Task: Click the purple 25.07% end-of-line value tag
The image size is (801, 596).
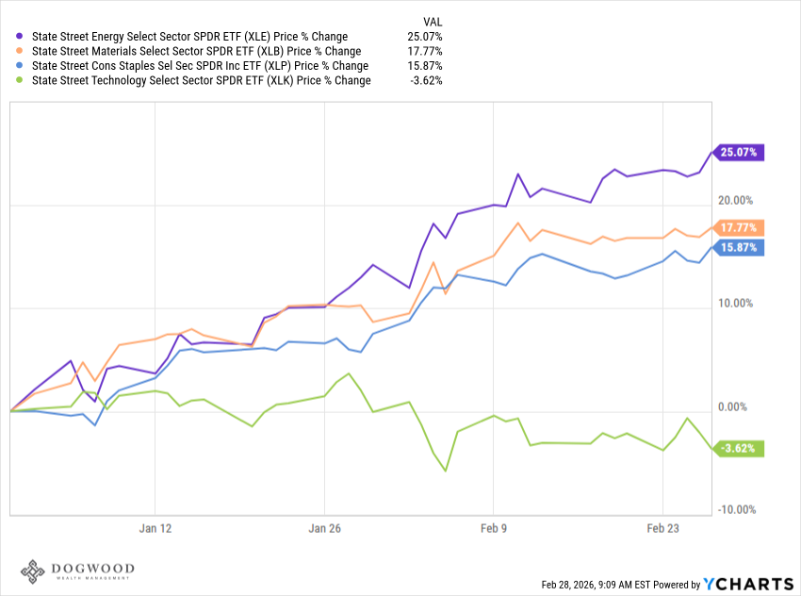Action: click(x=738, y=152)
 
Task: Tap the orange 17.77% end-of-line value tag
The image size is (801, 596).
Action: click(x=738, y=227)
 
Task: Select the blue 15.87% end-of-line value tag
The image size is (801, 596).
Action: click(x=738, y=248)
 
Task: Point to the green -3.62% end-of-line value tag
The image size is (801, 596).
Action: click(x=738, y=448)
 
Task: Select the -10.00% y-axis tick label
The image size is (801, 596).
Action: click(x=736, y=510)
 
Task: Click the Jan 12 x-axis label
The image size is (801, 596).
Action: click(x=155, y=529)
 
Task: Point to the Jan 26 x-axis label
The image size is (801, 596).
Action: click(x=324, y=529)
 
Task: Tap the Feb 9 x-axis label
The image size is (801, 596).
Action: click(x=494, y=529)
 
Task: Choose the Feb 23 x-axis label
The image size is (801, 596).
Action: click(x=662, y=529)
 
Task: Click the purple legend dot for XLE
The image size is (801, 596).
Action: click(x=22, y=37)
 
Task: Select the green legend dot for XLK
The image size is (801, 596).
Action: click(x=22, y=81)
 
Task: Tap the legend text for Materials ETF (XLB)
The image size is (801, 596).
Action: click(x=196, y=52)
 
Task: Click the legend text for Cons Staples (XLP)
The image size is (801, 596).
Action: click(x=200, y=66)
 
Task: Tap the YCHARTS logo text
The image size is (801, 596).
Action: click(x=745, y=584)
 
